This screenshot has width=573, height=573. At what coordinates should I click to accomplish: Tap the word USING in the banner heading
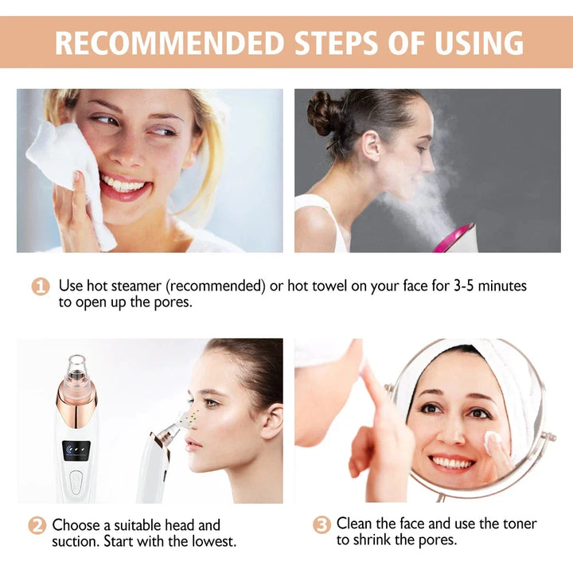pyautogui.click(x=474, y=42)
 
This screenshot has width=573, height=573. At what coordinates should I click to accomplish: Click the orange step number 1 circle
pyautogui.click(x=41, y=286)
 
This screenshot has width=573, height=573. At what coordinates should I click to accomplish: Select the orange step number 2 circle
pyautogui.click(x=37, y=526)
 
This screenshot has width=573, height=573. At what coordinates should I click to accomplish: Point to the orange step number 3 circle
pyautogui.click(x=322, y=524)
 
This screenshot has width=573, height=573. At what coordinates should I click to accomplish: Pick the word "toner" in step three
pyautogui.click(x=515, y=524)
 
